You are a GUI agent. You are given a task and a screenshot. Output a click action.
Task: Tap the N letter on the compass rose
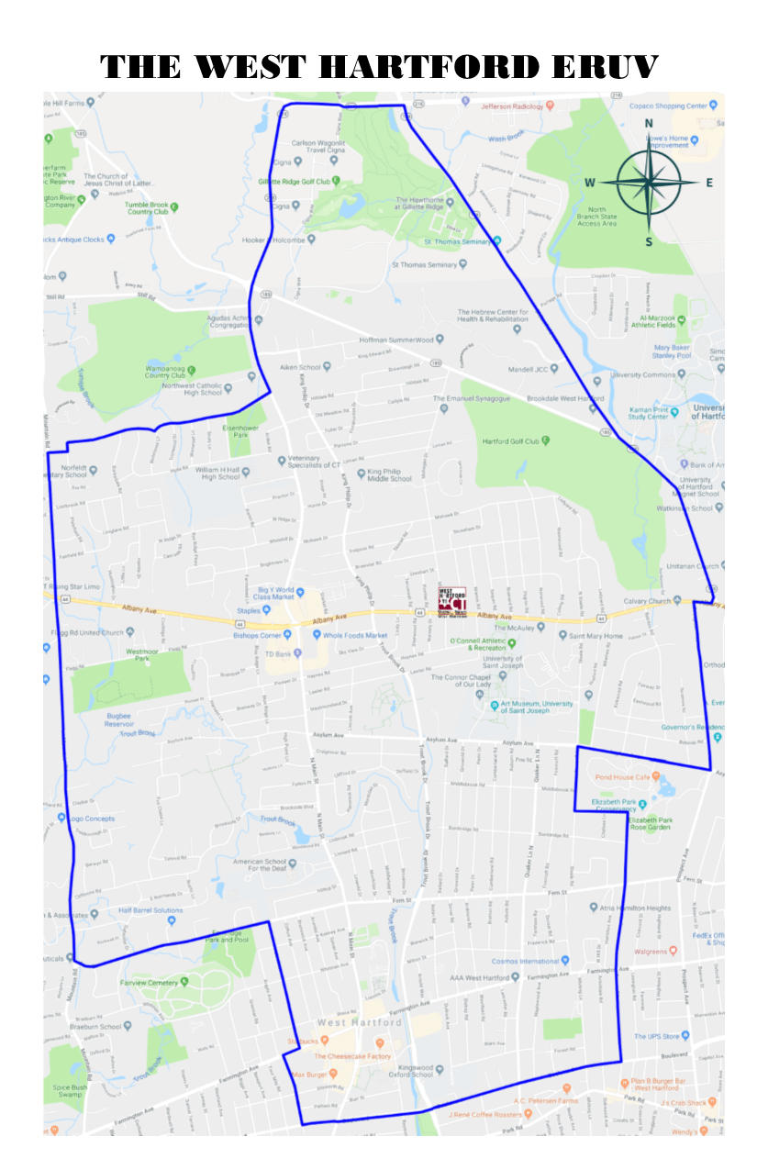tap(649, 123)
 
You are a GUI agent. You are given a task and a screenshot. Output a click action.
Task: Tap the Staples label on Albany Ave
tap(249, 610)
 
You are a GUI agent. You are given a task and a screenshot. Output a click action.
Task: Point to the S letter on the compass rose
tap(649, 242)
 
